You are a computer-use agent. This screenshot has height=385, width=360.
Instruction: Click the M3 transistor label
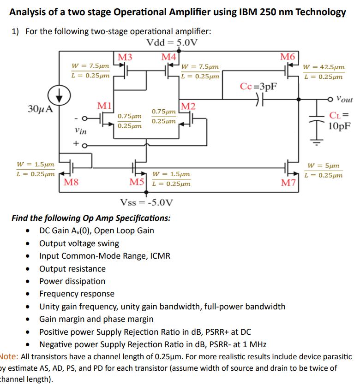tap(125, 57)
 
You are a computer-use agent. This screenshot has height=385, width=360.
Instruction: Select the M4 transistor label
tap(168, 57)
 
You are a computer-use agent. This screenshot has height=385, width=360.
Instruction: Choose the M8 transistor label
tap(71, 182)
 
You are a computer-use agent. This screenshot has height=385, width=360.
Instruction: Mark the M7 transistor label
tap(289, 183)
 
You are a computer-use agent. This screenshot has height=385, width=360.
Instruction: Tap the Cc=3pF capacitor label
tap(258, 86)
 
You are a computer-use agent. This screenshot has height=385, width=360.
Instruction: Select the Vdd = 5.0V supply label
tap(172, 43)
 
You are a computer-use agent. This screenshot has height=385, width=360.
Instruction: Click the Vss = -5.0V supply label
tap(147, 202)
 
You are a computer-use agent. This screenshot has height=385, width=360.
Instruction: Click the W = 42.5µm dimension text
tap(324, 67)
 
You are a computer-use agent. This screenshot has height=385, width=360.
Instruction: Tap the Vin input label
tap(81, 131)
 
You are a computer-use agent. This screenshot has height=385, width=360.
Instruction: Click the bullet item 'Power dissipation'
tap(72, 281)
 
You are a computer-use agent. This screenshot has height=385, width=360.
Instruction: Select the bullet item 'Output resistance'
tap(72, 269)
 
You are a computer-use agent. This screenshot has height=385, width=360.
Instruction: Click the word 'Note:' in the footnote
tap(9, 356)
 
